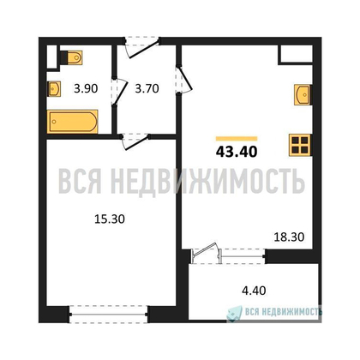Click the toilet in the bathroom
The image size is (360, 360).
pyautogui.click(x=72, y=57)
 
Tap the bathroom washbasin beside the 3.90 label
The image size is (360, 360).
pyautogui.click(x=54, y=88)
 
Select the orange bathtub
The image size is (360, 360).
pyautogui.click(x=73, y=122)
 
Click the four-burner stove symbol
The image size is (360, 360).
pyautogui.click(x=300, y=145)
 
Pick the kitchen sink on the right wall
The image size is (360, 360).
pyautogui.click(x=303, y=94)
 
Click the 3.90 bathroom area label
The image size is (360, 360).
pyautogui.click(x=86, y=88)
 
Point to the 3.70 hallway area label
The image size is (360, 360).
pyautogui.click(x=147, y=88)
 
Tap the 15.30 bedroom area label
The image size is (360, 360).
pyautogui.click(x=110, y=219)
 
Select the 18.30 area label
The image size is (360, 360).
pyautogui.click(x=289, y=237)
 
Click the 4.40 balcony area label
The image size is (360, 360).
pyautogui.click(x=254, y=291)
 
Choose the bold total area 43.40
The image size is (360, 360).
pyautogui.click(x=237, y=152)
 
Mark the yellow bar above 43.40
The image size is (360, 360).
pyautogui.click(x=237, y=139)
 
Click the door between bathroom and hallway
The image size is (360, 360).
pyautogui.click(x=118, y=92)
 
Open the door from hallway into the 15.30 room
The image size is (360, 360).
pyautogui.click(x=135, y=141)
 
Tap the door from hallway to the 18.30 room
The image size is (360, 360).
pyautogui.click(x=184, y=79)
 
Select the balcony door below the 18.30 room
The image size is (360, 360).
pyautogui.click(x=207, y=253)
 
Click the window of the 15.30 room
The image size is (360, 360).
pyautogui.click(x=109, y=315)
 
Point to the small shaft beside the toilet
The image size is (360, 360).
pyautogui.click(x=51, y=57)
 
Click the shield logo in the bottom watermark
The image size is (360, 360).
pyautogui.click(x=234, y=314)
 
